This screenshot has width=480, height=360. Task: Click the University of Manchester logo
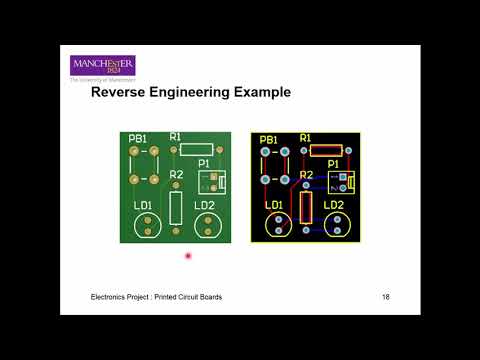102,67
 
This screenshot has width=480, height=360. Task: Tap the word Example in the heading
257,93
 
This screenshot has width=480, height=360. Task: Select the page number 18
386,298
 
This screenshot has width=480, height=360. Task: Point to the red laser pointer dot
188,257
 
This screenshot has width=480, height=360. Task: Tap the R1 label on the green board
176,136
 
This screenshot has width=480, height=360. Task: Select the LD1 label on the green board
143,206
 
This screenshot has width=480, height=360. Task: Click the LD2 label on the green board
205,206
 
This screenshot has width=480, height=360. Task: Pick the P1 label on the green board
205,163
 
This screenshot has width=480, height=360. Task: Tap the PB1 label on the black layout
269,139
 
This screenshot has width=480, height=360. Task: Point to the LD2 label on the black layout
334,206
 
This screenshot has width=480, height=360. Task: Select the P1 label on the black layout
334,163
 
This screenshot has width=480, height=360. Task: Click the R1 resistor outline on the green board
196,149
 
